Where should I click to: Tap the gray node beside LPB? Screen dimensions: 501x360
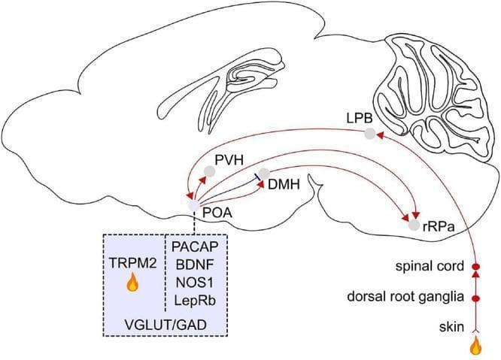coord(369,134)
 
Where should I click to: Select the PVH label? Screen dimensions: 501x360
coord(229,160)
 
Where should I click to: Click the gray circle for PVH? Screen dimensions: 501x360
coord(210,171)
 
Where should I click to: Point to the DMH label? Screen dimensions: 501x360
coord(284,184)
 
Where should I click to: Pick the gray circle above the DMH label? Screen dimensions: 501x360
coord(264,174)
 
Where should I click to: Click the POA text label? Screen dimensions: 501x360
coord(217,213)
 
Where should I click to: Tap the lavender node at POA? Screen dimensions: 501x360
coord(193,206)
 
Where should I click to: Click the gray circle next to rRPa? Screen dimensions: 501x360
coord(414,225)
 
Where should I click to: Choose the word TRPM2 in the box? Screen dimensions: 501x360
coord(133,263)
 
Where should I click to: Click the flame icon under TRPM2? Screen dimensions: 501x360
coord(132,283)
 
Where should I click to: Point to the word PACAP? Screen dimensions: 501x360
coord(196,247)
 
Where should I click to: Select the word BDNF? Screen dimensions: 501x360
coord(195,265)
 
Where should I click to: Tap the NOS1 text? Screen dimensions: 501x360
coord(195,283)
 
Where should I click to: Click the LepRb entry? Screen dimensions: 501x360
coord(195,301)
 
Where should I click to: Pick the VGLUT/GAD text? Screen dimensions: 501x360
coord(165,325)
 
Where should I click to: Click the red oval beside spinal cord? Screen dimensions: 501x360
coord(476,266)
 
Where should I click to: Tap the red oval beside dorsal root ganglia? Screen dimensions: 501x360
coord(476,298)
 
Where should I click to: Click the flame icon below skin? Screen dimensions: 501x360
coord(476,346)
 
